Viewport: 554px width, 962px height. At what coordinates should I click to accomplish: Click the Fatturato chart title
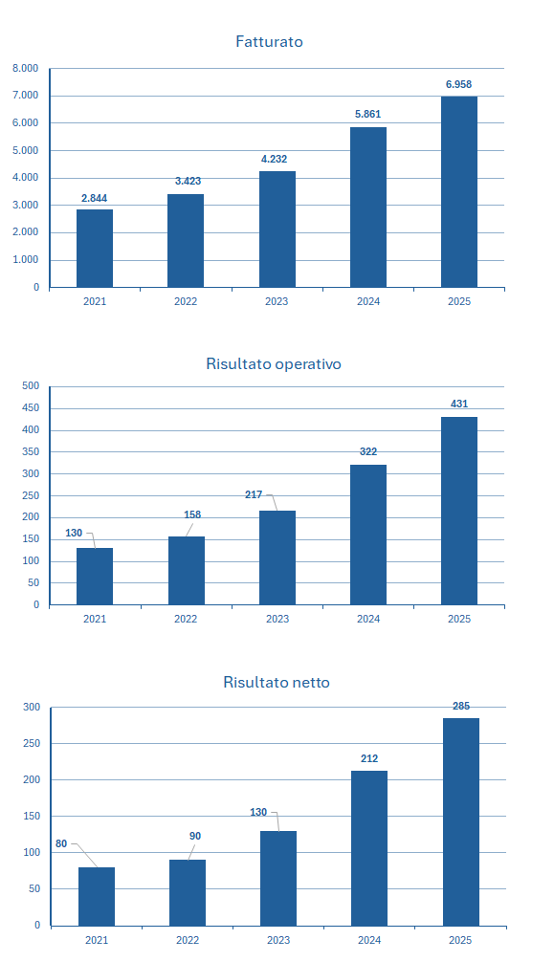[x=269, y=42]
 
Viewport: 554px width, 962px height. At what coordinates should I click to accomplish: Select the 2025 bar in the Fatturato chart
[x=459, y=192]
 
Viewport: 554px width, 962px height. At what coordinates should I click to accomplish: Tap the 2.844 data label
[x=94, y=198]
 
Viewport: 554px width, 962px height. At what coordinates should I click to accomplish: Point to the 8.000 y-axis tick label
[x=25, y=68]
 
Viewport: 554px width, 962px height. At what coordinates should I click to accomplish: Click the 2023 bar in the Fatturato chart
[x=277, y=230]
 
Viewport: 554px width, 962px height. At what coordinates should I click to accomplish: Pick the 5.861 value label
[x=368, y=114]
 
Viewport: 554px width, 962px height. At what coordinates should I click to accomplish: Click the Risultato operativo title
[x=274, y=363]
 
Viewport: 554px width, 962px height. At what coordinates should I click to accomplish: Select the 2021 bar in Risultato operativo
[x=95, y=577]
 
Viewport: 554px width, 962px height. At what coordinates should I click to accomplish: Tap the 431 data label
[x=459, y=404]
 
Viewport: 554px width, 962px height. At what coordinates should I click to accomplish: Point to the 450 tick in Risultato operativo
[x=31, y=408]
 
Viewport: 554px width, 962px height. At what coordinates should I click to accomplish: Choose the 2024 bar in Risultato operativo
[x=368, y=535]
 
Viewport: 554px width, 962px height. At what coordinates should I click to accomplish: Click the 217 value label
[x=254, y=494]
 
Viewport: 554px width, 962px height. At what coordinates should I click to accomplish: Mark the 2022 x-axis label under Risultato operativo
[x=186, y=619]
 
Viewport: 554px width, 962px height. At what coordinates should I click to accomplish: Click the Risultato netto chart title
[x=277, y=682]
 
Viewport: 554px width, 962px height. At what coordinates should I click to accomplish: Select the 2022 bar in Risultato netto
[x=188, y=893]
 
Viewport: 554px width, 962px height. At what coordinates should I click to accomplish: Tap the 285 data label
[x=461, y=706]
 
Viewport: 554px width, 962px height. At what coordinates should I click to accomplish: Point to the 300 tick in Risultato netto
[x=32, y=708]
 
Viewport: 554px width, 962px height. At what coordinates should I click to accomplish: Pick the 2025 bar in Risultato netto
[x=460, y=822]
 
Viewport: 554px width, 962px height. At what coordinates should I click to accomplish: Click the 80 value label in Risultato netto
[x=61, y=844]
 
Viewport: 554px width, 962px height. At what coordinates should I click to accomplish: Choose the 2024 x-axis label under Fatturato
[x=368, y=301]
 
